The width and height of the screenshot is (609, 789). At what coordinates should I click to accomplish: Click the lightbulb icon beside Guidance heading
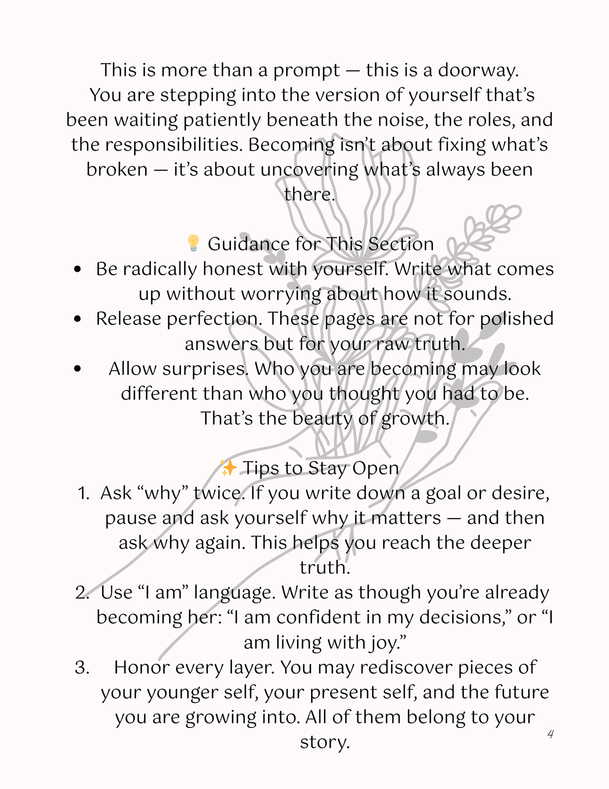tap(193, 243)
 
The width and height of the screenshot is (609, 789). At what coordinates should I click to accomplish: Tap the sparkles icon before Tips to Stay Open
tap(228, 468)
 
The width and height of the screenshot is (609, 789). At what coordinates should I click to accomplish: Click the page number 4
tap(550, 734)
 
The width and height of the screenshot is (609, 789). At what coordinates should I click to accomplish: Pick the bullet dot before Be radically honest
tap(77, 269)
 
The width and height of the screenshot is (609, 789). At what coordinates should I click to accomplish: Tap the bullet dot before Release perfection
tap(77, 319)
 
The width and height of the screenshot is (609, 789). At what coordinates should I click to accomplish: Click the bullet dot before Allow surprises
tap(77, 369)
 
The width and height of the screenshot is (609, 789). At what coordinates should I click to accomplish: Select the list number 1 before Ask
tap(83, 493)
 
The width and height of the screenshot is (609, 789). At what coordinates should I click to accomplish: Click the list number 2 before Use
tap(82, 592)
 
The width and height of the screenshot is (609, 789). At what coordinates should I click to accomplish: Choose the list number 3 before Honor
tap(82, 668)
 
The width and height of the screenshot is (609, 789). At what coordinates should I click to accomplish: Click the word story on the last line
tap(325, 742)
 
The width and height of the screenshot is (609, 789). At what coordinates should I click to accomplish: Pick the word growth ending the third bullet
tap(415, 419)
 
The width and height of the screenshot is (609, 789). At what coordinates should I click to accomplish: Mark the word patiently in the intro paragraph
tap(222, 120)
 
